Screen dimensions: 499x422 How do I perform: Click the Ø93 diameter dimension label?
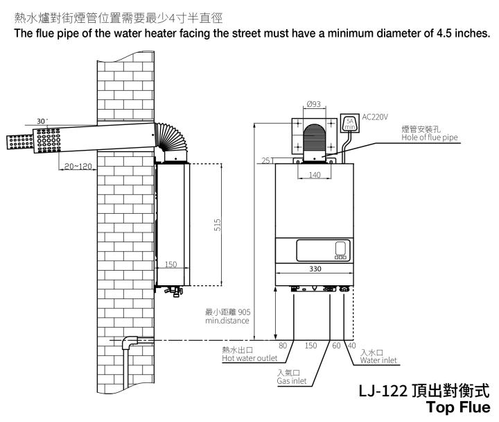click(314, 104)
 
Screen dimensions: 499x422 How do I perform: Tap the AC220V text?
click(375, 117)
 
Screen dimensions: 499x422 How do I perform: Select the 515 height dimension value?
click(218, 225)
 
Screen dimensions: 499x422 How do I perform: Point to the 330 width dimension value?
click(315, 269)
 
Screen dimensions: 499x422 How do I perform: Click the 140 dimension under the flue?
click(315, 175)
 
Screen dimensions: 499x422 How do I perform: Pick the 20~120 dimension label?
click(78, 166)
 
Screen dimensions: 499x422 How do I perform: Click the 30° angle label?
click(42, 121)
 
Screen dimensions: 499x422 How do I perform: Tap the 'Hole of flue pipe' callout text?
click(430, 137)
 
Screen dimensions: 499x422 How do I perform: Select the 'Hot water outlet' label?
click(249, 358)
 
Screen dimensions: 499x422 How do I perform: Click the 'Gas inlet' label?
click(292, 381)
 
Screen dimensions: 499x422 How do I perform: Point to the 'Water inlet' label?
click(378, 360)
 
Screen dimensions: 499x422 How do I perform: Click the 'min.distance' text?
click(227, 321)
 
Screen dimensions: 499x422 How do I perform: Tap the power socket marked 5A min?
click(350, 123)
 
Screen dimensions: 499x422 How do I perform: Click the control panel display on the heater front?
click(324, 251)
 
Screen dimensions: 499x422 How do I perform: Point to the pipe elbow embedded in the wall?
click(130, 343)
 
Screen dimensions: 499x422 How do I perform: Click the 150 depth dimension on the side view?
click(170, 264)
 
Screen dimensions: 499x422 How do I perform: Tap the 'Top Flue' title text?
click(458, 407)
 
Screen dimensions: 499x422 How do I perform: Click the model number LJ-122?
click(383, 391)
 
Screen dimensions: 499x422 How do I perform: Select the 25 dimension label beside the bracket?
click(266, 160)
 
